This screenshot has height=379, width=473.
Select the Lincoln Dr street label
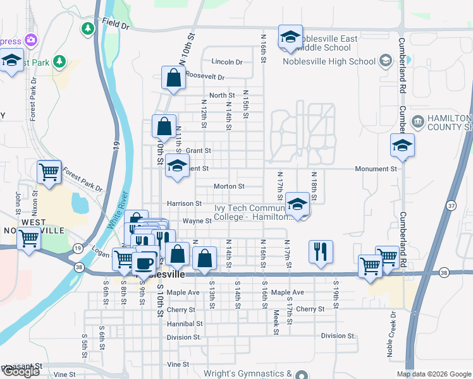227,62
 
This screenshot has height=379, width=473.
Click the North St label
222,95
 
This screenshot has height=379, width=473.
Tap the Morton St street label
229,186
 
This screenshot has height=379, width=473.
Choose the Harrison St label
184,203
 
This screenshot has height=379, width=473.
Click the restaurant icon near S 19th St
321,251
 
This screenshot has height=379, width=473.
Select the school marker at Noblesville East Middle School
290,37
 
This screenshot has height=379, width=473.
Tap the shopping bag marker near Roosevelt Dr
173,78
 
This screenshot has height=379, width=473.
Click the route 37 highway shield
451,206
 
